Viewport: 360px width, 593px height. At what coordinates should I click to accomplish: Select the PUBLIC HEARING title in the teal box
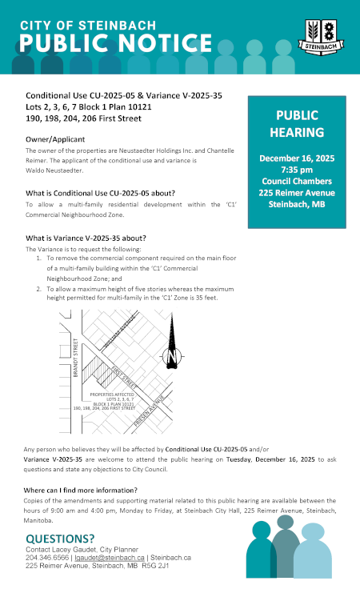pos(297,123)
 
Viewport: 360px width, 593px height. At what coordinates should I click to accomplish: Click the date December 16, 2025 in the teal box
pos(297,158)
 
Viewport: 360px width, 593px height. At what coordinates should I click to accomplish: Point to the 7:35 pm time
pos(297,170)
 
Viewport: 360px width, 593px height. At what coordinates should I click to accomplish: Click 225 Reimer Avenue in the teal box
pos(297,192)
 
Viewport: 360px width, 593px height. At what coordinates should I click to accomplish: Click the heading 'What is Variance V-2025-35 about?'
pos(86,238)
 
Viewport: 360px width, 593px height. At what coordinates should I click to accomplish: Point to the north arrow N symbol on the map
pos(171,355)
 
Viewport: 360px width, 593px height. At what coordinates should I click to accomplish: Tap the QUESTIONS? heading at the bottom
pos(60,538)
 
